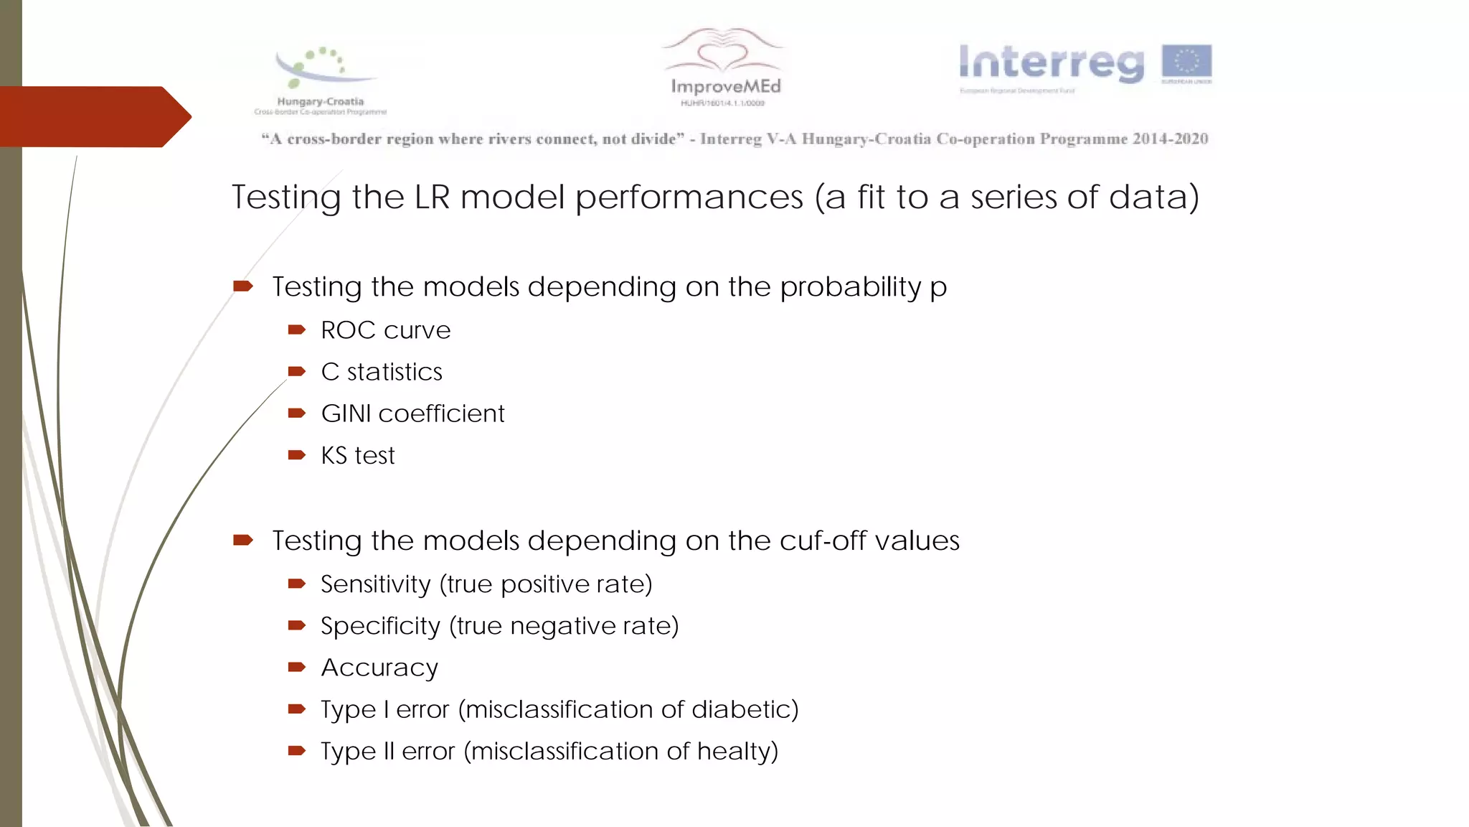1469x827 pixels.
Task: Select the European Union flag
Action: pyautogui.click(x=1186, y=62)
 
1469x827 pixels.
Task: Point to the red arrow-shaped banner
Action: pyautogui.click(x=93, y=116)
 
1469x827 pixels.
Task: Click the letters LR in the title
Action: pyautogui.click(x=432, y=197)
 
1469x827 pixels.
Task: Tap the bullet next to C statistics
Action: pyautogui.click(x=296, y=372)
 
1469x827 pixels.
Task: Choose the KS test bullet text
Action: pyautogui.click(x=358, y=455)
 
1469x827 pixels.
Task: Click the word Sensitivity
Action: pyautogui.click(x=375, y=584)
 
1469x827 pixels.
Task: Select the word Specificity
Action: pyautogui.click(x=380, y=626)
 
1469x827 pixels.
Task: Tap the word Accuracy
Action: pyautogui.click(x=379, y=668)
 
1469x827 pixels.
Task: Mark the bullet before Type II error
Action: pyautogui.click(x=296, y=751)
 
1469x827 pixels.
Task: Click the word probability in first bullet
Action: pyautogui.click(x=850, y=287)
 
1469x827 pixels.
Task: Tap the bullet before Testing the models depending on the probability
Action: pyautogui.click(x=242, y=286)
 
